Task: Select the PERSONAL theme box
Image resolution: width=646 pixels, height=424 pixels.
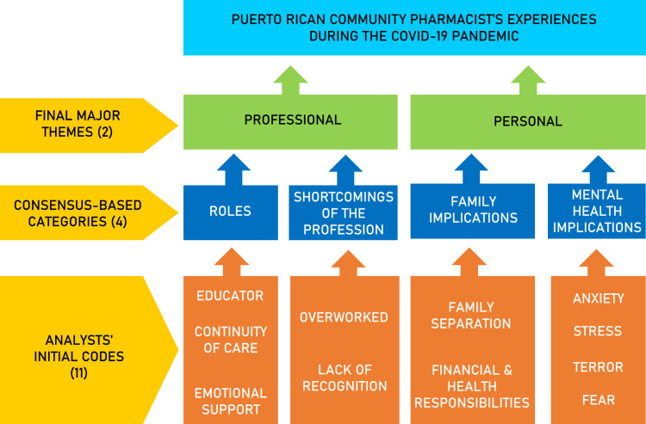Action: [527, 121]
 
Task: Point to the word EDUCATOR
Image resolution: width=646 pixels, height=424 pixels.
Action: [230, 296]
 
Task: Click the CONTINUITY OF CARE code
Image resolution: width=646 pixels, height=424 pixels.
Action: [230, 340]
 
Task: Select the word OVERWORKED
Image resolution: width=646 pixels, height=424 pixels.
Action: [344, 317]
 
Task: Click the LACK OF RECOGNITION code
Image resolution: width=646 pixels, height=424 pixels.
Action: [344, 378]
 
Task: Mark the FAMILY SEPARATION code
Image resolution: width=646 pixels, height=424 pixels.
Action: [469, 315]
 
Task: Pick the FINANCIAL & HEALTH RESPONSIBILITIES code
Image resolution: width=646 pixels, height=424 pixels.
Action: [469, 386]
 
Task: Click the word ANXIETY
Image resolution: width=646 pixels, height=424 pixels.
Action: [598, 299]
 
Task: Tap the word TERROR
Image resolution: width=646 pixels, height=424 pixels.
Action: [598, 367]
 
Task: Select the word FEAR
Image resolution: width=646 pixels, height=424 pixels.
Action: [598, 401]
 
